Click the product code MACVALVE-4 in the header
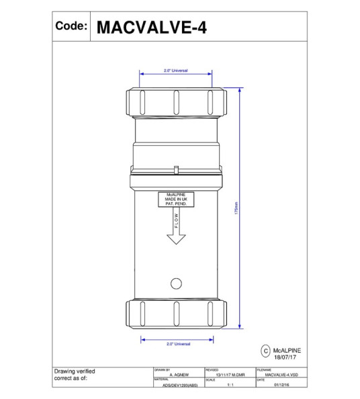[x=152, y=27]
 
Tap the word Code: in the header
[x=72, y=26]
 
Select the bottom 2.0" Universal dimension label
[x=178, y=344]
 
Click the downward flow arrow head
[x=176, y=239]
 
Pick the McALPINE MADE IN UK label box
[x=175, y=199]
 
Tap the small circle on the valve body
[x=177, y=281]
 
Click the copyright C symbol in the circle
[x=265, y=351]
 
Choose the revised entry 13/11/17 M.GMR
[x=229, y=375]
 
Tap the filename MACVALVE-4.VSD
[x=283, y=375]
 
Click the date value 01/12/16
[x=282, y=386]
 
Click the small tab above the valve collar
[x=176, y=169]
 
